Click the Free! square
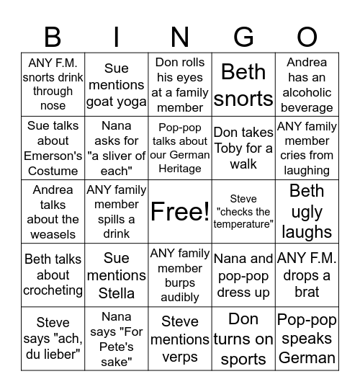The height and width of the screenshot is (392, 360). pos(180,212)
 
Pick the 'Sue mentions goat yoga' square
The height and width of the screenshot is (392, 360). pos(116,85)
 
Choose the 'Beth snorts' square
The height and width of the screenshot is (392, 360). pos(243,85)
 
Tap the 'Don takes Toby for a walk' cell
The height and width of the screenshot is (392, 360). pos(243,148)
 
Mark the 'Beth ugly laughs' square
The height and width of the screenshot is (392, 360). pos(307,212)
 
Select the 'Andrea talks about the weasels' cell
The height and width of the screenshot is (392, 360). pos(53,212)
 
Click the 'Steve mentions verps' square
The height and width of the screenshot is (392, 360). pos(180,339)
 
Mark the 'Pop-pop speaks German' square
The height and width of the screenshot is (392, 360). pos(307,339)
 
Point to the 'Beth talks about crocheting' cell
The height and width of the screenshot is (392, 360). pos(53,275)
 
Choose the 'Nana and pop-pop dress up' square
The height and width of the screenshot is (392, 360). pos(243,275)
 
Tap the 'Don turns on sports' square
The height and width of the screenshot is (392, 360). pos(243,339)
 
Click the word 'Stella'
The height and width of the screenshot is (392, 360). pos(116,293)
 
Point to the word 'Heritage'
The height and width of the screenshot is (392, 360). pos(180,169)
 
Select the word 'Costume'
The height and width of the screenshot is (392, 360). pos(53,171)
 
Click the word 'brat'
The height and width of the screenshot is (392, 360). pos(307,292)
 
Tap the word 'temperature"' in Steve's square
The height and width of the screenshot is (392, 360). pos(243,225)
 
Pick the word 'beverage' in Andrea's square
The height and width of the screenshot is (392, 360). pos(307,107)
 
